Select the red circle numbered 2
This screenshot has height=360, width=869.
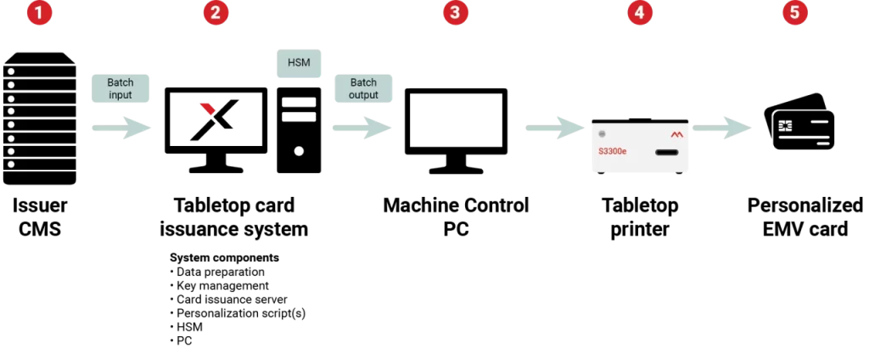click(216, 13)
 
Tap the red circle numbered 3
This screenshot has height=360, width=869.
click(456, 13)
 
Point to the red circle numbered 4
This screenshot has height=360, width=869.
click(640, 13)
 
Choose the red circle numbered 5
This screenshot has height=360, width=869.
click(794, 13)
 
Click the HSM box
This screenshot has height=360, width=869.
click(300, 63)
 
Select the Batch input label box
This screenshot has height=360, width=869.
click(121, 88)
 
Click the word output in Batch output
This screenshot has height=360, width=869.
click(363, 95)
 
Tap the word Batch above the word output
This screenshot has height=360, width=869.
click(363, 82)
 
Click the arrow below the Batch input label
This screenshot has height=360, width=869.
click(121, 128)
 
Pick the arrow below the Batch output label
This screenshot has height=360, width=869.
click(362, 128)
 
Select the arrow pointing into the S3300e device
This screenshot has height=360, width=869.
click(555, 128)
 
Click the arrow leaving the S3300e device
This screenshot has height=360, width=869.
click(722, 128)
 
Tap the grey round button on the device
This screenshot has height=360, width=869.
click(602, 133)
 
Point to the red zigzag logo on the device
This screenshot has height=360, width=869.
click(676, 134)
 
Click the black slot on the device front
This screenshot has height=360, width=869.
click(667, 153)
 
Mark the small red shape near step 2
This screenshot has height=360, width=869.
click(207, 107)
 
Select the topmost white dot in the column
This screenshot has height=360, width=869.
click(11, 71)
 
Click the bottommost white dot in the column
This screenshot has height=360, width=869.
click(11, 164)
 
